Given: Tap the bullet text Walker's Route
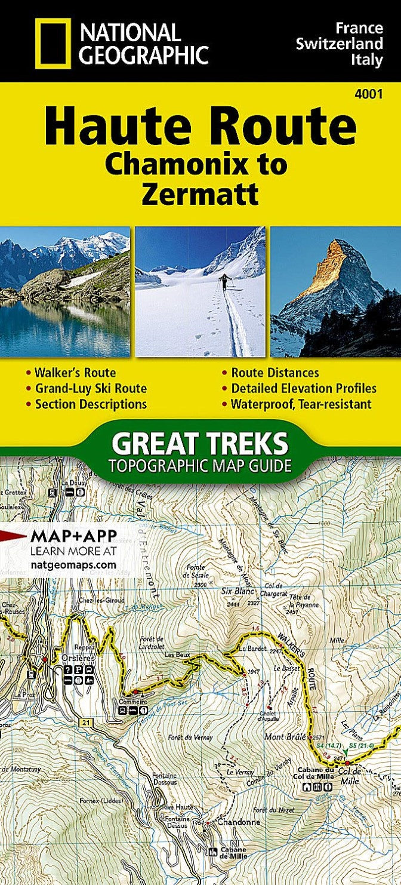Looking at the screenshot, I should point(75,373).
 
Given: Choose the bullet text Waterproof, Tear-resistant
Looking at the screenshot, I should point(301,404).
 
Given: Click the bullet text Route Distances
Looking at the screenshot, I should point(275,373).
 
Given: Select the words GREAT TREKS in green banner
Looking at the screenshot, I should point(200,444).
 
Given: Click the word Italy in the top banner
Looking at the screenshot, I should point(368,60).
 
